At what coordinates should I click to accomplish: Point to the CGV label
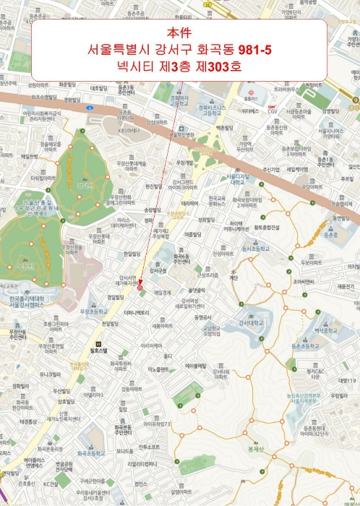[273, 111]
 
